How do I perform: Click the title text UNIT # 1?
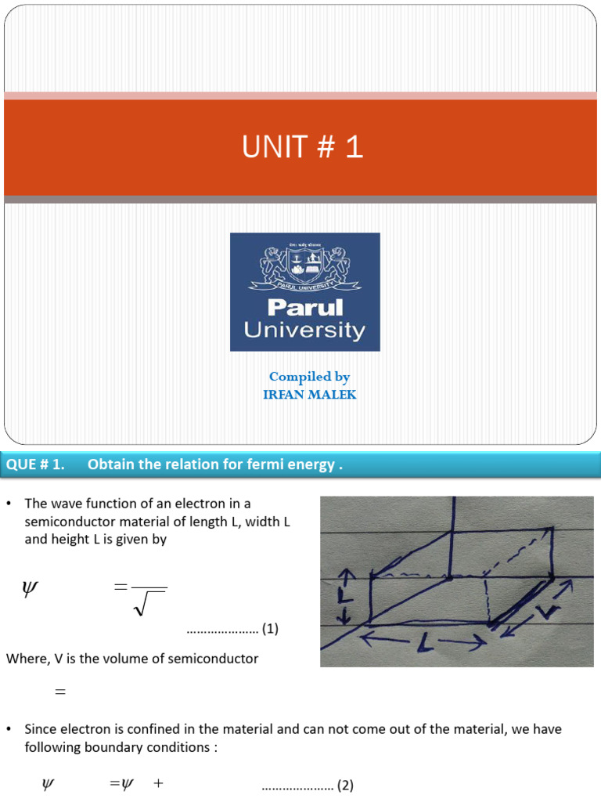click(303, 147)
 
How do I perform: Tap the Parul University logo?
click(304, 291)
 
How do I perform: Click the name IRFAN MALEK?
click(309, 395)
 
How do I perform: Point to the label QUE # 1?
click(34, 464)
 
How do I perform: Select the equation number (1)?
click(270, 628)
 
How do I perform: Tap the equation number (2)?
click(345, 786)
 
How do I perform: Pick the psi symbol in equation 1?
click(30, 589)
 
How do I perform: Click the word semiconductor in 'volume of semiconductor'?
click(209, 659)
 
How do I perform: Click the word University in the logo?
click(304, 330)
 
